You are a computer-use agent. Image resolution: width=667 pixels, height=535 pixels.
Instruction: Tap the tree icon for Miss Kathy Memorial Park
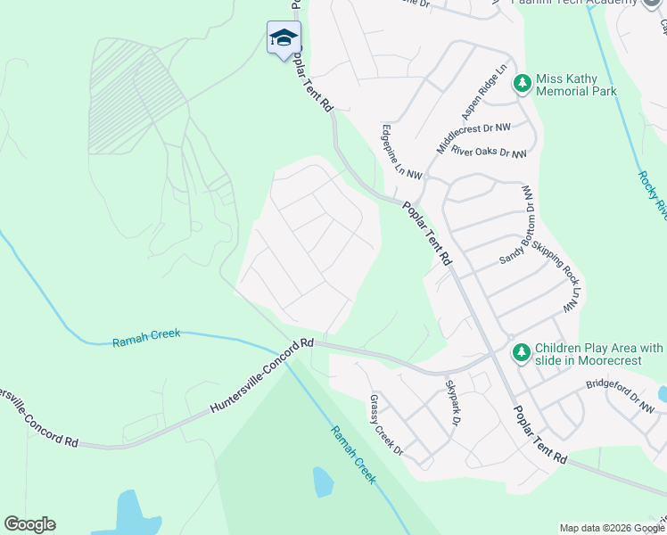click(522, 84)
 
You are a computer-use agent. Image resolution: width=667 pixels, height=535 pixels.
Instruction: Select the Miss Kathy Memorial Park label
click(576, 85)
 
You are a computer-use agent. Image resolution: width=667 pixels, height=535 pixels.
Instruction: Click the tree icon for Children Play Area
click(522, 354)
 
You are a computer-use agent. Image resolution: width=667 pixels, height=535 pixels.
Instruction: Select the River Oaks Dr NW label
click(489, 152)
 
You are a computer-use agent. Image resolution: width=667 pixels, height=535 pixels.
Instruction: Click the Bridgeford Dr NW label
click(621, 398)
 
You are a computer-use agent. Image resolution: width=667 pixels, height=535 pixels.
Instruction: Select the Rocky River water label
click(654, 193)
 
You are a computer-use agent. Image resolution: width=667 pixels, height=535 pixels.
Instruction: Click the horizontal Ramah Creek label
click(146, 336)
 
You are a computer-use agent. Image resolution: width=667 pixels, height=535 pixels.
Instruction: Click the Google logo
click(29, 524)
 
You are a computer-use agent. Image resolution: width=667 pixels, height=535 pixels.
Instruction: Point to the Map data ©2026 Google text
click(612, 528)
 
